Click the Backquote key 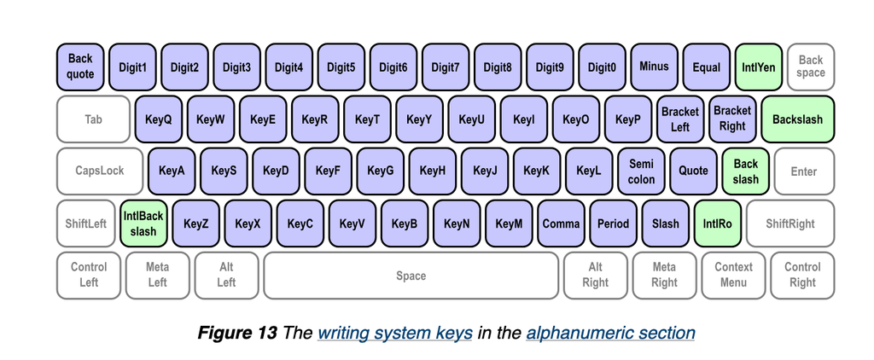tap(80, 67)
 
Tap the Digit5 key tap(341, 67)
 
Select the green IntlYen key tap(758, 67)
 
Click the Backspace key tap(810, 67)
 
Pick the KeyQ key tap(159, 119)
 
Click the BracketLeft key tap(680, 119)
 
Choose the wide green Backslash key tap(797, 119)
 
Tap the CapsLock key tap(99, 171)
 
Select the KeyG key tap(381, 171)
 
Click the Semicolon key tap(641, 171)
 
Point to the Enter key tap(803, 171)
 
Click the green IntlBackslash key tap(143, 224)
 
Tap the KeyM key tap(510, 224)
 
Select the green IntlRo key tap(717, 224)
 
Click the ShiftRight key tap(790, 224)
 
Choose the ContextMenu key tap(733, 275)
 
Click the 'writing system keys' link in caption tap(395, 333)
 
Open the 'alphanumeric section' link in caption tap(610, 333)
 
